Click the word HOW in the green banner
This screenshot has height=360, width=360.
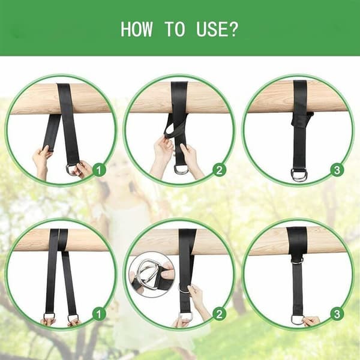pyautogui.click(x=136, y=29)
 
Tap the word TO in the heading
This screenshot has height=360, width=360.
pyautogui.click(x=175, y=29)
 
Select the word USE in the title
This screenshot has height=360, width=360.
pyautogui.click(x=211, y=29)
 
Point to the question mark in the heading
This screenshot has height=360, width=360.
pyautogui.click(x=232, y=29)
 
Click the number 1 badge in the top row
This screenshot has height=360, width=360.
pyautogui.click(x=99, y=170)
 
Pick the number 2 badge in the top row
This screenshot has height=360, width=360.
pyautogui.click(x=219, y=170)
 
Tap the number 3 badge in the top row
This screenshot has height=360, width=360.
pyautogui.click(x=337, y=170)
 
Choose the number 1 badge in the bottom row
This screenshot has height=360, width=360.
pyautogui.click(x=99, y=314)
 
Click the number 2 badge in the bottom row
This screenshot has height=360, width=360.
pyautogui.click(x=219, y=314)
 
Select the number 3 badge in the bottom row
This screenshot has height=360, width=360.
pyautogui.click(x=337, y=314)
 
